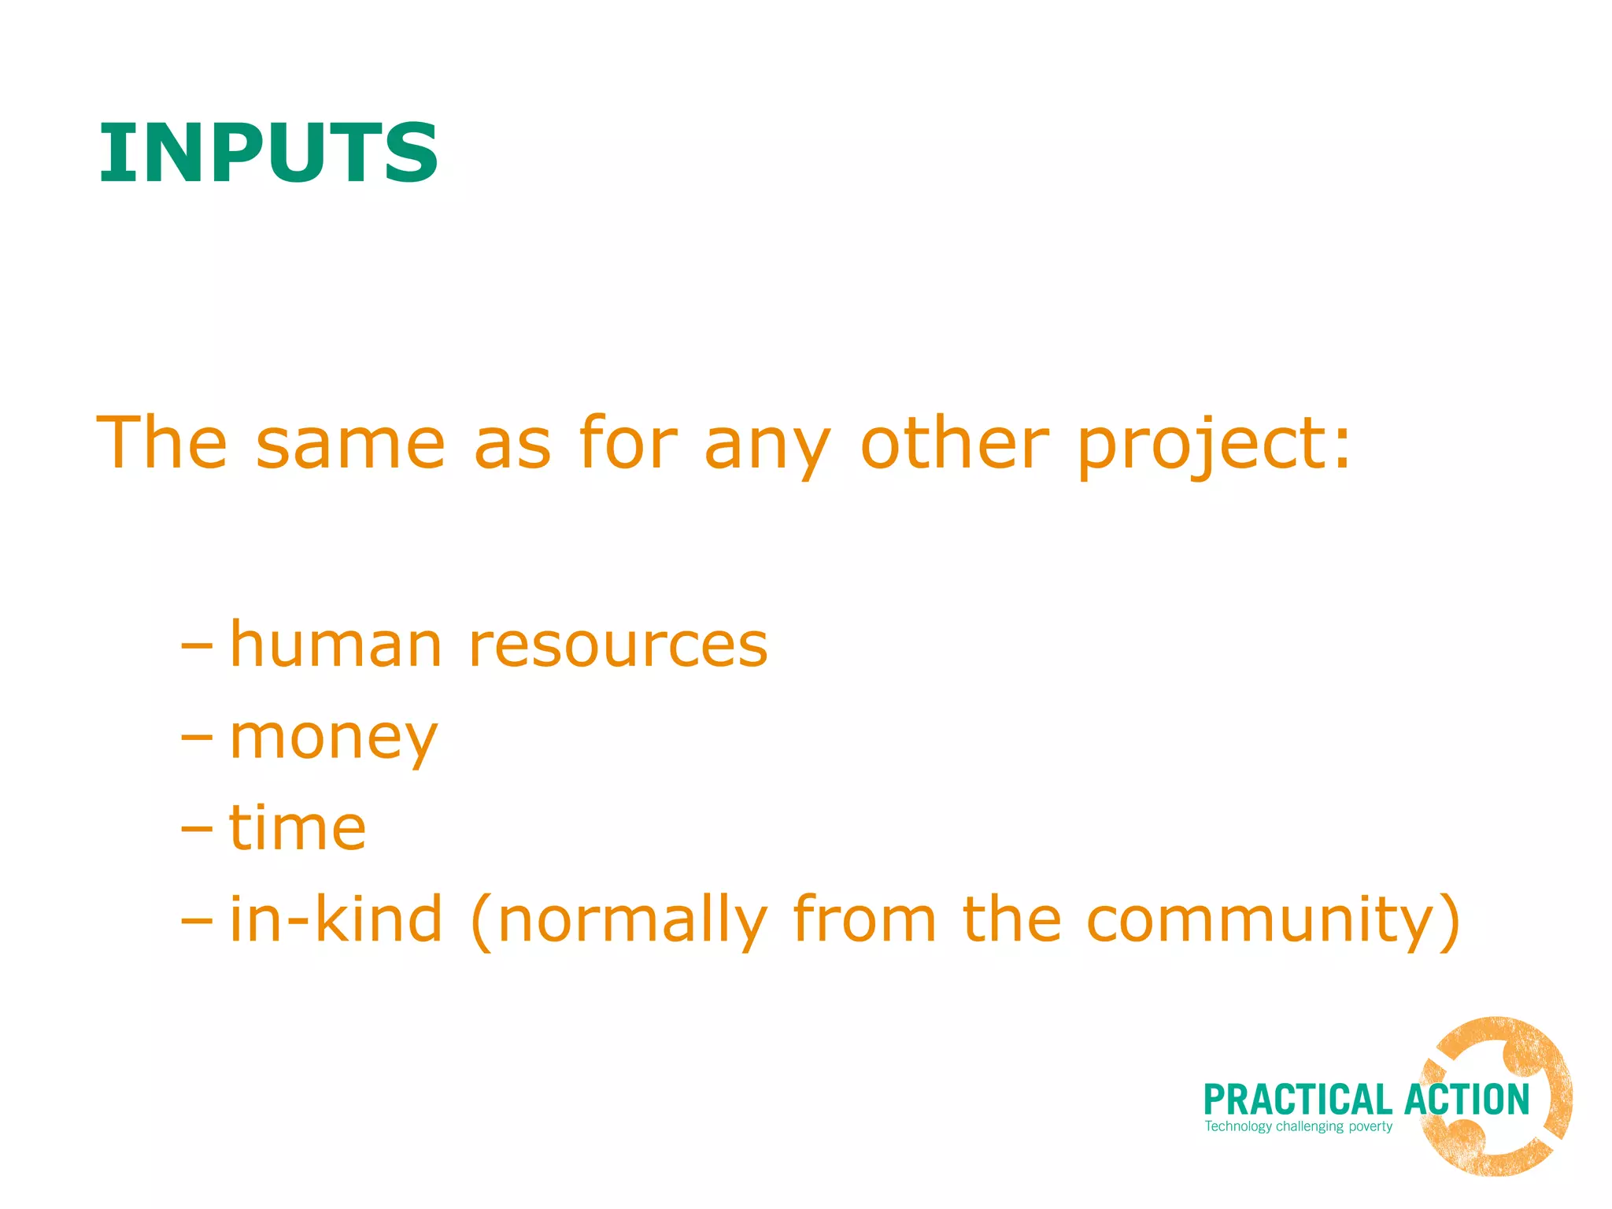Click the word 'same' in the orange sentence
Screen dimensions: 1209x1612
pyautogui.click(x=350, y=445)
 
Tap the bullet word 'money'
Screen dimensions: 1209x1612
pyautogui.click(x=333, y=740)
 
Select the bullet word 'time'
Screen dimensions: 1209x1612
pyautogui.click(x=298, y=828)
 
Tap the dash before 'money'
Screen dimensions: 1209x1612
pyautogui.click(x=196, y=738)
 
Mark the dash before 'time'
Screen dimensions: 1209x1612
pyautogui.click(x=196, y=830)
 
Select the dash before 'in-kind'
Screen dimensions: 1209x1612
pyautogui.click(x=196, y=920)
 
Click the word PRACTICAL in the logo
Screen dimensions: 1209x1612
pyautogui.click(x=1298, y=1100)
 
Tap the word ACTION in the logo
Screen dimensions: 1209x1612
pyautogui.click(x=1466, y=1100)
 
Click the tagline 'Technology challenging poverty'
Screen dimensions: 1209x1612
pyautogui.click(x=1298, y=1127)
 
